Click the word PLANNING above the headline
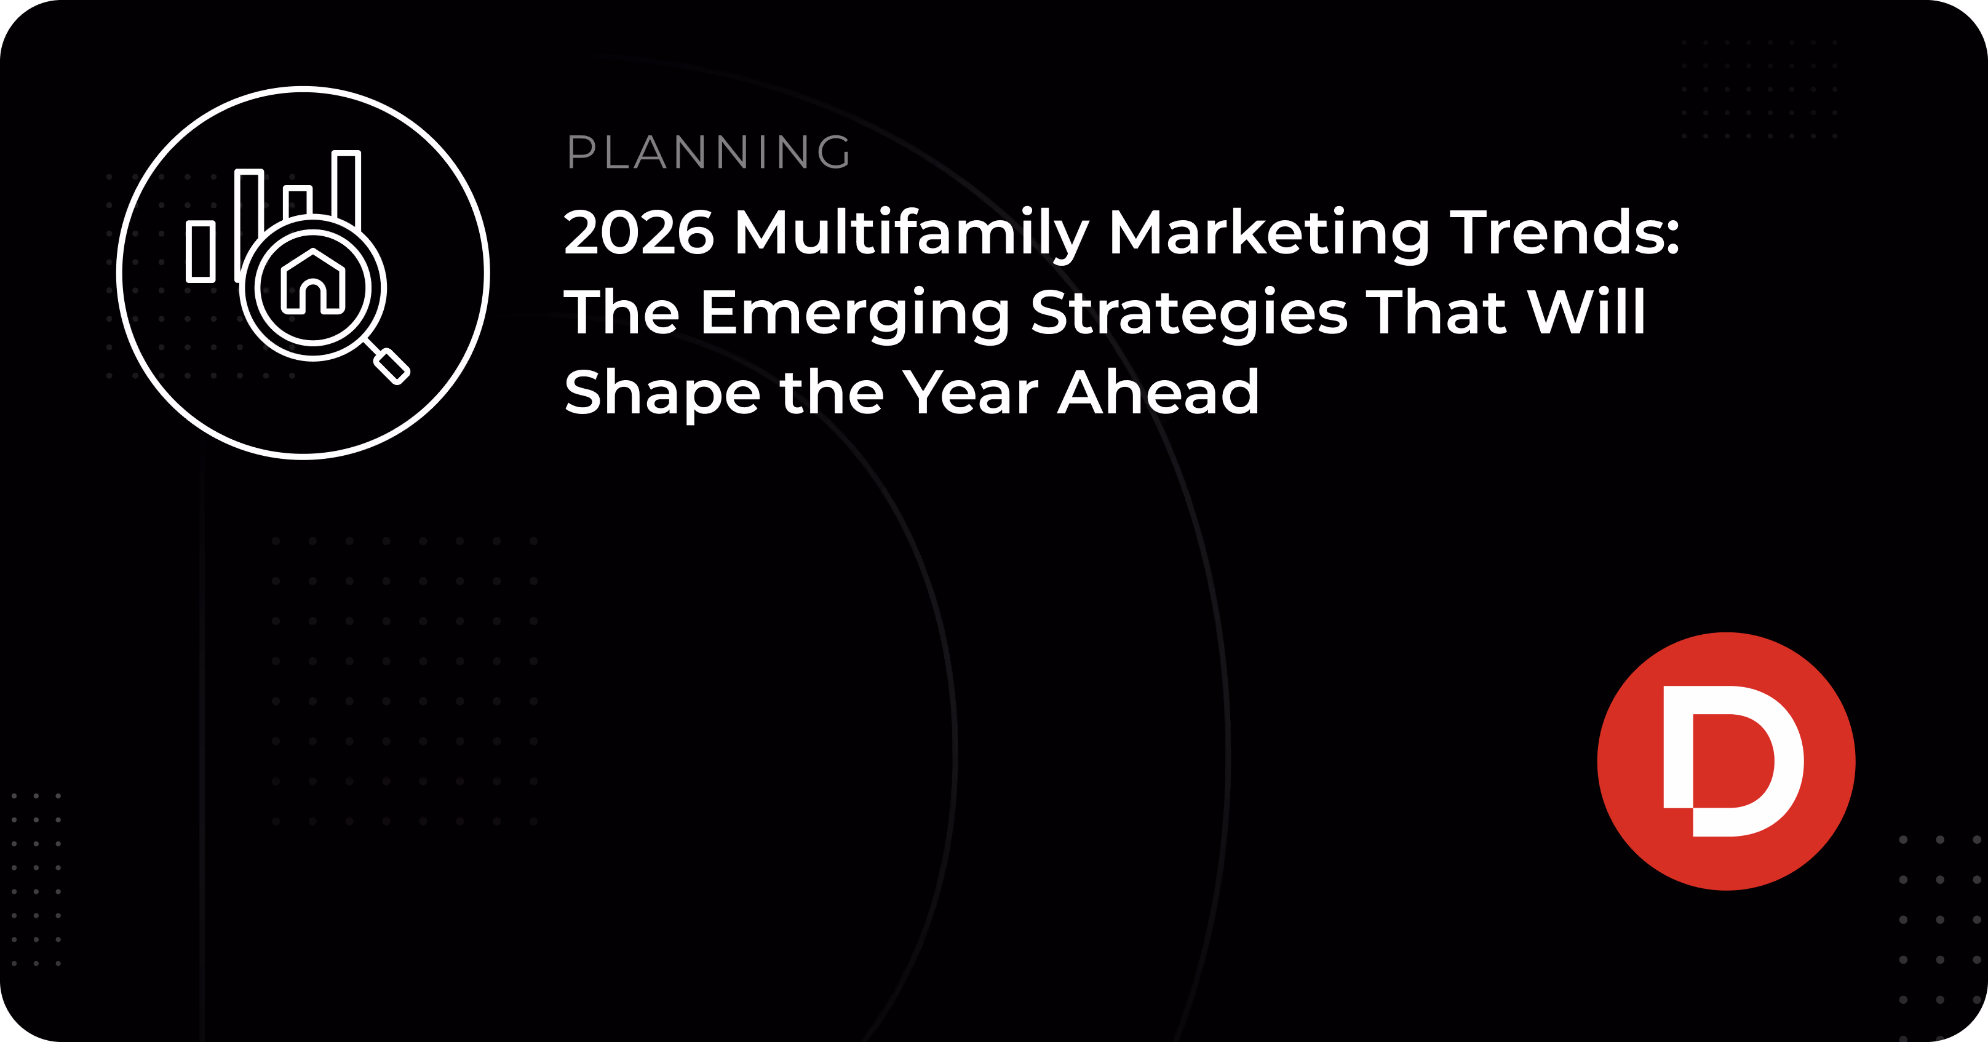709,152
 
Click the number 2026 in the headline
639,233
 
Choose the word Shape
662,394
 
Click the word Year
970,391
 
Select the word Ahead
1158,391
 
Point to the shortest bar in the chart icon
201,252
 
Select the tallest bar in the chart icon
346,189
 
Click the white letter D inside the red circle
1733,761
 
